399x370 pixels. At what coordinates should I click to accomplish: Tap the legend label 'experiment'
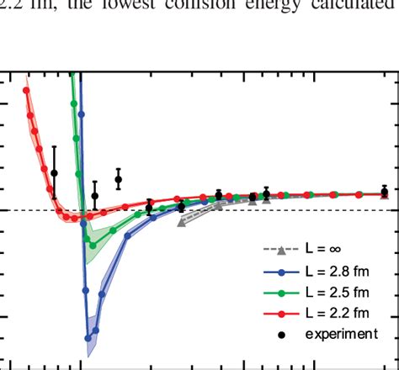[340, 334]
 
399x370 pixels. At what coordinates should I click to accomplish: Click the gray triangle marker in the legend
[282, 250]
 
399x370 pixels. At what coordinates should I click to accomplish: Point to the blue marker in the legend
[282, 271]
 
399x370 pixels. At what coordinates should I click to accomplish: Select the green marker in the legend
[282, 292]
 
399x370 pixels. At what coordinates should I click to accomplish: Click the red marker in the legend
[282, 313]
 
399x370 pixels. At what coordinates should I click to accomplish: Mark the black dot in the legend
[282, 334]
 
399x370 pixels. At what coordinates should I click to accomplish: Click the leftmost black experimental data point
[55, 173]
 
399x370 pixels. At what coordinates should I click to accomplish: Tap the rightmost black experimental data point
[385, 192]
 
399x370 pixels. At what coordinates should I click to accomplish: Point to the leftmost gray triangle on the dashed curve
[182, 223]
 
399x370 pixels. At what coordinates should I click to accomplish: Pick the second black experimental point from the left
[95, 196]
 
